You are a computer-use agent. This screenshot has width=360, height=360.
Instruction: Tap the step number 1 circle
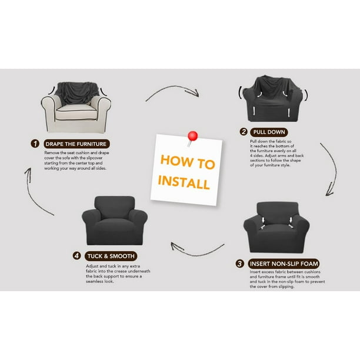click(x=35, y=144)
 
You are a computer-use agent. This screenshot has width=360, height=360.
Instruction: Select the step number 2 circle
click(x=244, y=132)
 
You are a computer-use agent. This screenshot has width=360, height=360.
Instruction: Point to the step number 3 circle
click(x=239, y=264)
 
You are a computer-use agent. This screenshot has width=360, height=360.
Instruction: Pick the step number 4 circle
click(x=76, y=256)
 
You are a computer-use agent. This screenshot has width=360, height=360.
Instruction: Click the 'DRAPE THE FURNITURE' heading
click(x=76, y=144)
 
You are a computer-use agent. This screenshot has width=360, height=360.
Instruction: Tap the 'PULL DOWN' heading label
click(x=269, y=132)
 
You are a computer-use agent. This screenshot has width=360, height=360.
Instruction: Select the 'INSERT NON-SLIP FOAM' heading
click(x=284, y=264)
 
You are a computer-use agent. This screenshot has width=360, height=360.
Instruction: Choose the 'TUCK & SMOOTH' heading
click(x=111, y=256)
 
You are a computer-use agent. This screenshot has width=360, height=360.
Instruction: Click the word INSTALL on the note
click(x=184, y=182)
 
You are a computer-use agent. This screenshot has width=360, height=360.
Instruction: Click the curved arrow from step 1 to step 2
click(x=172, y=87)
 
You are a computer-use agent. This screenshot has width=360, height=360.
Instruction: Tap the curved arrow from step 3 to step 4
click(x=198, y=254)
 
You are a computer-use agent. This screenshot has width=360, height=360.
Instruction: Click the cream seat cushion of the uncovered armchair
click(x=76, y=112)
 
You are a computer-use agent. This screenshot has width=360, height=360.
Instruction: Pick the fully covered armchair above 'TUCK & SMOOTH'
click(x=115, y=221)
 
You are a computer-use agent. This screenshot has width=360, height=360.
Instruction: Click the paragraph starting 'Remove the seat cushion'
click(x=76, y=161)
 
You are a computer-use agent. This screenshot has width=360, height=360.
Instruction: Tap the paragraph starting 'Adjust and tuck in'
click(x=118, y=274)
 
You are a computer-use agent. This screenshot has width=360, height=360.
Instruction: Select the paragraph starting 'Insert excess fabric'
click(x=287, y=279)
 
